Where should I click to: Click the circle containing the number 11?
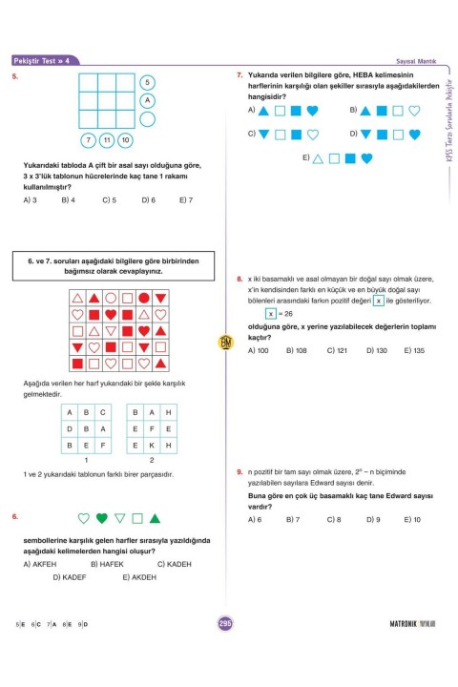106,140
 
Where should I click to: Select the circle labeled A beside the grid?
147,100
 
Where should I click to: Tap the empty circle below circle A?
147,118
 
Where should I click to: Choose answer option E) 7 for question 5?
185,200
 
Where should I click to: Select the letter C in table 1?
103,412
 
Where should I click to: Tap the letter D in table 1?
70,429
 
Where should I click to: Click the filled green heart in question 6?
101,519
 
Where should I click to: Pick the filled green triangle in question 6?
155,518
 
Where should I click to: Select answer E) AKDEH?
139,577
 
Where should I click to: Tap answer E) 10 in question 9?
412,519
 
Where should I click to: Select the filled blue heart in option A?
312,111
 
